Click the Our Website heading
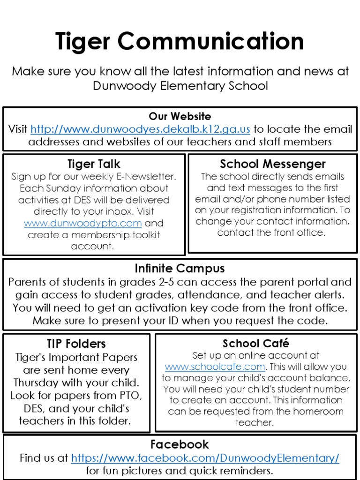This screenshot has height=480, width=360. [x=180, y=116]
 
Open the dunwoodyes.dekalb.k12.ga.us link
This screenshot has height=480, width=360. [x=140, y=129]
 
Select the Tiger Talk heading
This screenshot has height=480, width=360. [x=94, y=164]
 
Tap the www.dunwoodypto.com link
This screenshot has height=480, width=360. [x=82, y=223]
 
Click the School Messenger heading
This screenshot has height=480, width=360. [x=272, y=164]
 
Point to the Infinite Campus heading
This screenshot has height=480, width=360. [x=180, y=269]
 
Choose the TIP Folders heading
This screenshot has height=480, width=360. [x=76, y=344]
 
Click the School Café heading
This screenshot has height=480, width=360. [x=256, y=344]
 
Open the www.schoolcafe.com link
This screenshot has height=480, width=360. [x=215, y=367]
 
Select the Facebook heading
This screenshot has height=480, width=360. [x=180, y=444]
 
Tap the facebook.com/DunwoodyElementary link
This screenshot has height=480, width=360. [x=205, y=458]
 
